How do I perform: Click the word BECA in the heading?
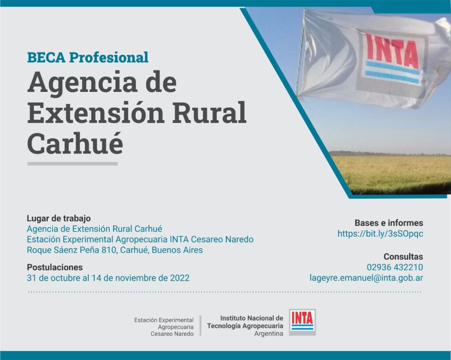pyautogui.click(x=46, y=57)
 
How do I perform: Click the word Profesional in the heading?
pyautogui.click(x=109, y=57)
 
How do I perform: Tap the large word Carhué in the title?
pyautogui.click(x=75, y=143)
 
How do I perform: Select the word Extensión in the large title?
pyautogui.click(x=96, y=112)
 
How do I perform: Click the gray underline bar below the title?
pyautogui.click(x=73, y=164)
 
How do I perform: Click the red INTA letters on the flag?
pyautogui.click(x=392, y=51)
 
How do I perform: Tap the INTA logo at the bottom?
pyautogui.click(x=302, y=322)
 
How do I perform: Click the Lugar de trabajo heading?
pyautogui.click(x=59, y=218)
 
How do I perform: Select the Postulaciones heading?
pyautogui.click(x=55, y=267)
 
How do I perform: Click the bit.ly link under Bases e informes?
pyautogui.click(x=380, y=234)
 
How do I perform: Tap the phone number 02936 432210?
pyautogui.click(x=395, y=267)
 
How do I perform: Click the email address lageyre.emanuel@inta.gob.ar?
pyautogui.click(x=366, y=278)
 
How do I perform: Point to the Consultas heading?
pyautogui.click(x=403, y=256)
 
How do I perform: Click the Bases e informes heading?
pyautogui.click(x=389, y=223)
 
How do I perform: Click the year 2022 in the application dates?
pyautogui.click(x=180, y=278)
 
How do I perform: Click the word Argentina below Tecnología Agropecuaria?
pyautogui.click(x=269, y=334)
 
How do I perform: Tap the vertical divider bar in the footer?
pyautogui.click(x=200, y=326)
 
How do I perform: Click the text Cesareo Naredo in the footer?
pyautogui.click(x=172, y=334)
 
